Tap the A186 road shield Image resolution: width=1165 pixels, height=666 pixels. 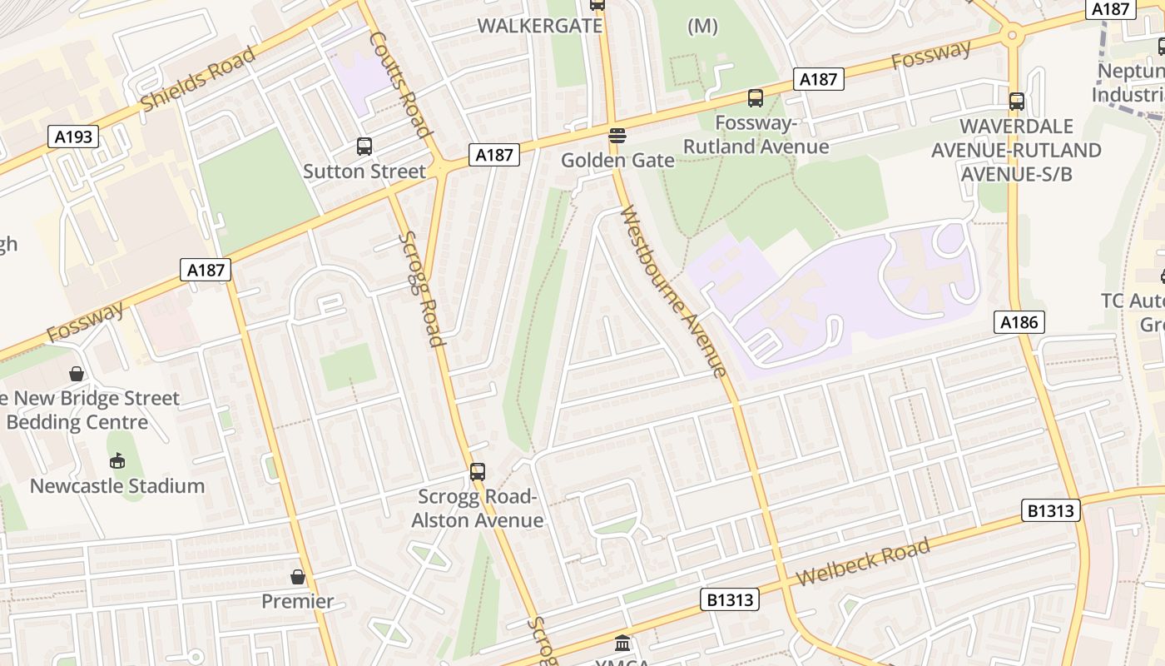(x=1019, y=322)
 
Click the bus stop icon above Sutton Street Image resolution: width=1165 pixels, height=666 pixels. (x=364, y=147)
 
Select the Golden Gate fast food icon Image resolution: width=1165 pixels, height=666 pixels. (x=617, y=135)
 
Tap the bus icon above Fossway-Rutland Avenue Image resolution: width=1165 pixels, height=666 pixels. (x=755, y=98)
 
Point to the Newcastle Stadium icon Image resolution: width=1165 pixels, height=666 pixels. (x=117, y=460)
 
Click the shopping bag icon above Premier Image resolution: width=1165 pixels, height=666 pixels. (x=298, y=576)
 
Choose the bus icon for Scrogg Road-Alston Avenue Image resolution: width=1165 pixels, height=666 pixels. (x=477, y=472)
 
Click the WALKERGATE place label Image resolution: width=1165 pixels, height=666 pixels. (x=539, y=26)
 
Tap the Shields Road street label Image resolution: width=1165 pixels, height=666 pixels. (x=198, y=79)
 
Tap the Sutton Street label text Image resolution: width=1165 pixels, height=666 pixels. (x=364, y=171)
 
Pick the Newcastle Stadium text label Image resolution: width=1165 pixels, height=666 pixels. (x=117, y=485)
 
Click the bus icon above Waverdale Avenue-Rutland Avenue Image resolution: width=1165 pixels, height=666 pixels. (x=1016, y=102)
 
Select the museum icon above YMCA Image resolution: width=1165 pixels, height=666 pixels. (x=622, y=643)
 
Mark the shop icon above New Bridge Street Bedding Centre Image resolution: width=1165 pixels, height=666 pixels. (x=77, y=374)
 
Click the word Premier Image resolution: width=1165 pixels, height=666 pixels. (x=298, y=601)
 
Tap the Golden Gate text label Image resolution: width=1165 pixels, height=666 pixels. (x=617, y=160)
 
